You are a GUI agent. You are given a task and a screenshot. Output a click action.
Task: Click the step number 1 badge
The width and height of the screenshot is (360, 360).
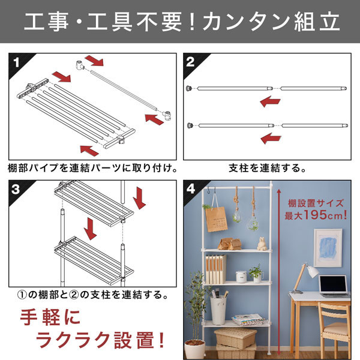[16, 62]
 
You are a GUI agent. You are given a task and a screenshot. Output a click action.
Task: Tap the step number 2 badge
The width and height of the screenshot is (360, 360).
[190, 62]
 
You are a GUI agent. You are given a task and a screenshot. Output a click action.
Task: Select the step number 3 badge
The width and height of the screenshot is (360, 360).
[16, 190]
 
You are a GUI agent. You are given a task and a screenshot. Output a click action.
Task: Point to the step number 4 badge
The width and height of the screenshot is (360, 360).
[191, 189]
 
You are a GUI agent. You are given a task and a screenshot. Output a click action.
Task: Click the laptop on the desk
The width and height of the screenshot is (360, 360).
[334, 286]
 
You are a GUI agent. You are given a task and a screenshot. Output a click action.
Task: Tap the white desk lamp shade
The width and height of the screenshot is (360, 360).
[312, 271]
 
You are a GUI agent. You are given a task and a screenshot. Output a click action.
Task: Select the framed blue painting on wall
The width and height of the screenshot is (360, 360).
[328, 248]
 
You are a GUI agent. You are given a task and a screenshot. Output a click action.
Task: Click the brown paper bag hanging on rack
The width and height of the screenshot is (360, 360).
[216, 219]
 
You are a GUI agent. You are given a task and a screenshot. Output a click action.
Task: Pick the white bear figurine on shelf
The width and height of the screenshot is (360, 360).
[262, 244]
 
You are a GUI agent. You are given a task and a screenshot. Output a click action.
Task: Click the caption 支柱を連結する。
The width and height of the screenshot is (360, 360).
[267, 168]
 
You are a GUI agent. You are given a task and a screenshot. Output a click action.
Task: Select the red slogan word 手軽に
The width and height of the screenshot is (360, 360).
[50, 317]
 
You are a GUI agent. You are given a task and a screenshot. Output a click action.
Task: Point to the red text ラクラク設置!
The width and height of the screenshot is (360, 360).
[100, 340]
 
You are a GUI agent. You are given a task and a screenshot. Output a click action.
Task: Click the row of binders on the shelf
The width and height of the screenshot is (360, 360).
[215, 269]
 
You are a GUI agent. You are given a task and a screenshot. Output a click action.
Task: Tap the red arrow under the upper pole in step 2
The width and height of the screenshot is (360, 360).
[270, 102]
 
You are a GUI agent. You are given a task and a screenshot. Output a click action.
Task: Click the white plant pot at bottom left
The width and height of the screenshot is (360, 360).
[194, 349]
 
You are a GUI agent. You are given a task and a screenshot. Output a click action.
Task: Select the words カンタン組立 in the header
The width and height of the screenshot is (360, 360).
[271, 22]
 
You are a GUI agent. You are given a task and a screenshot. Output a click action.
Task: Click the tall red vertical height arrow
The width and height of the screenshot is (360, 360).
[279, 272]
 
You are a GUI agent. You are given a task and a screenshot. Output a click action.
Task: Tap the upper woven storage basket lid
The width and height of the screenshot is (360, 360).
[236, 335]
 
